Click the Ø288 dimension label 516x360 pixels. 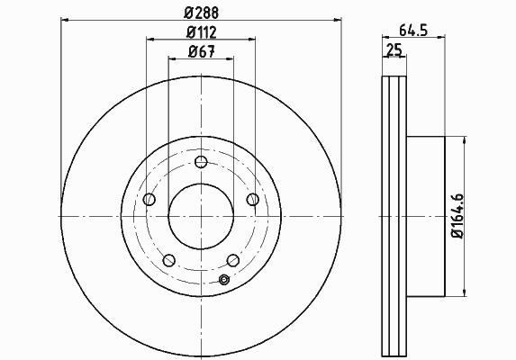click(x=202, y=13)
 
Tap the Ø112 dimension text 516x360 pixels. click(x=202, y=32)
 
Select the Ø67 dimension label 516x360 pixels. click(x=202, y=51)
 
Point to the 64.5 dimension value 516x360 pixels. click(x=413, y=31)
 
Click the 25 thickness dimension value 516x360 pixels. click(x=394, y=49)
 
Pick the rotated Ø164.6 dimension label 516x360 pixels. click(x=457, y=216)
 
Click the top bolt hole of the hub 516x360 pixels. click(x=201, y=162)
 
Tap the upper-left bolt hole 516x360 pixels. click(x=149, y=199)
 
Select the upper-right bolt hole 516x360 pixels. click(x=253, y=199)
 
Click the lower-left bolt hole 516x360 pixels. click(x=168, y=260)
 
